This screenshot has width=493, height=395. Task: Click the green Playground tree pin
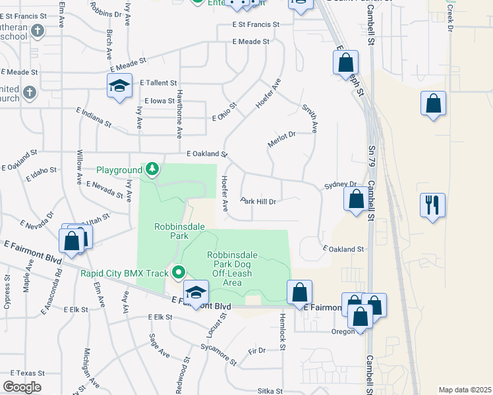click(x=152, y=170)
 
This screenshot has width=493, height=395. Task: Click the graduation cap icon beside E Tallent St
click(x=119, y=86)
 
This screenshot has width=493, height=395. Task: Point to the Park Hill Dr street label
click(x=258, y=201)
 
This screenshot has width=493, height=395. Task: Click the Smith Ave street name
click(x=310, y=118)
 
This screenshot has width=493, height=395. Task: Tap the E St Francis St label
click(x=256, y=24)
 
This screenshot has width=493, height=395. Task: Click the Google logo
click(x=21, y=387)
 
